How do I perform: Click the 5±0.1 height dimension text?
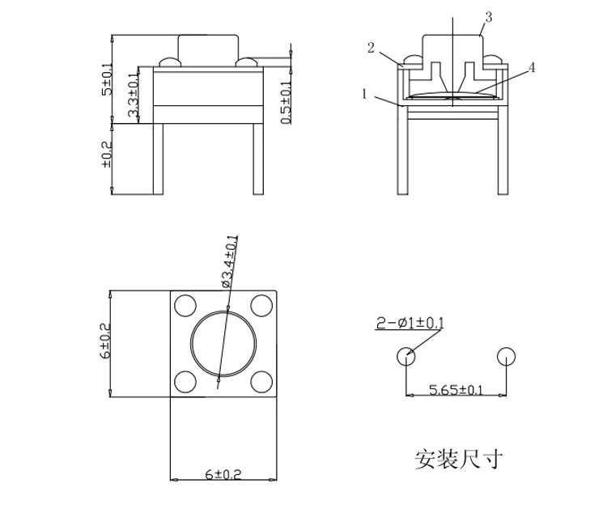106,78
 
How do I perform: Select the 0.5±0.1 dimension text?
285,103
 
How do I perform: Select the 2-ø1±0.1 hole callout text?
410,324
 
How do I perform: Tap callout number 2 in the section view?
371,49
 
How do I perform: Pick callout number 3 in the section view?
488,17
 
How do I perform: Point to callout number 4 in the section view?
532,68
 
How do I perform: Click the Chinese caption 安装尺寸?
459,460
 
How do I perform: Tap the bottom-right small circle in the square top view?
261,381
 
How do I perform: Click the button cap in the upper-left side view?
208,49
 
